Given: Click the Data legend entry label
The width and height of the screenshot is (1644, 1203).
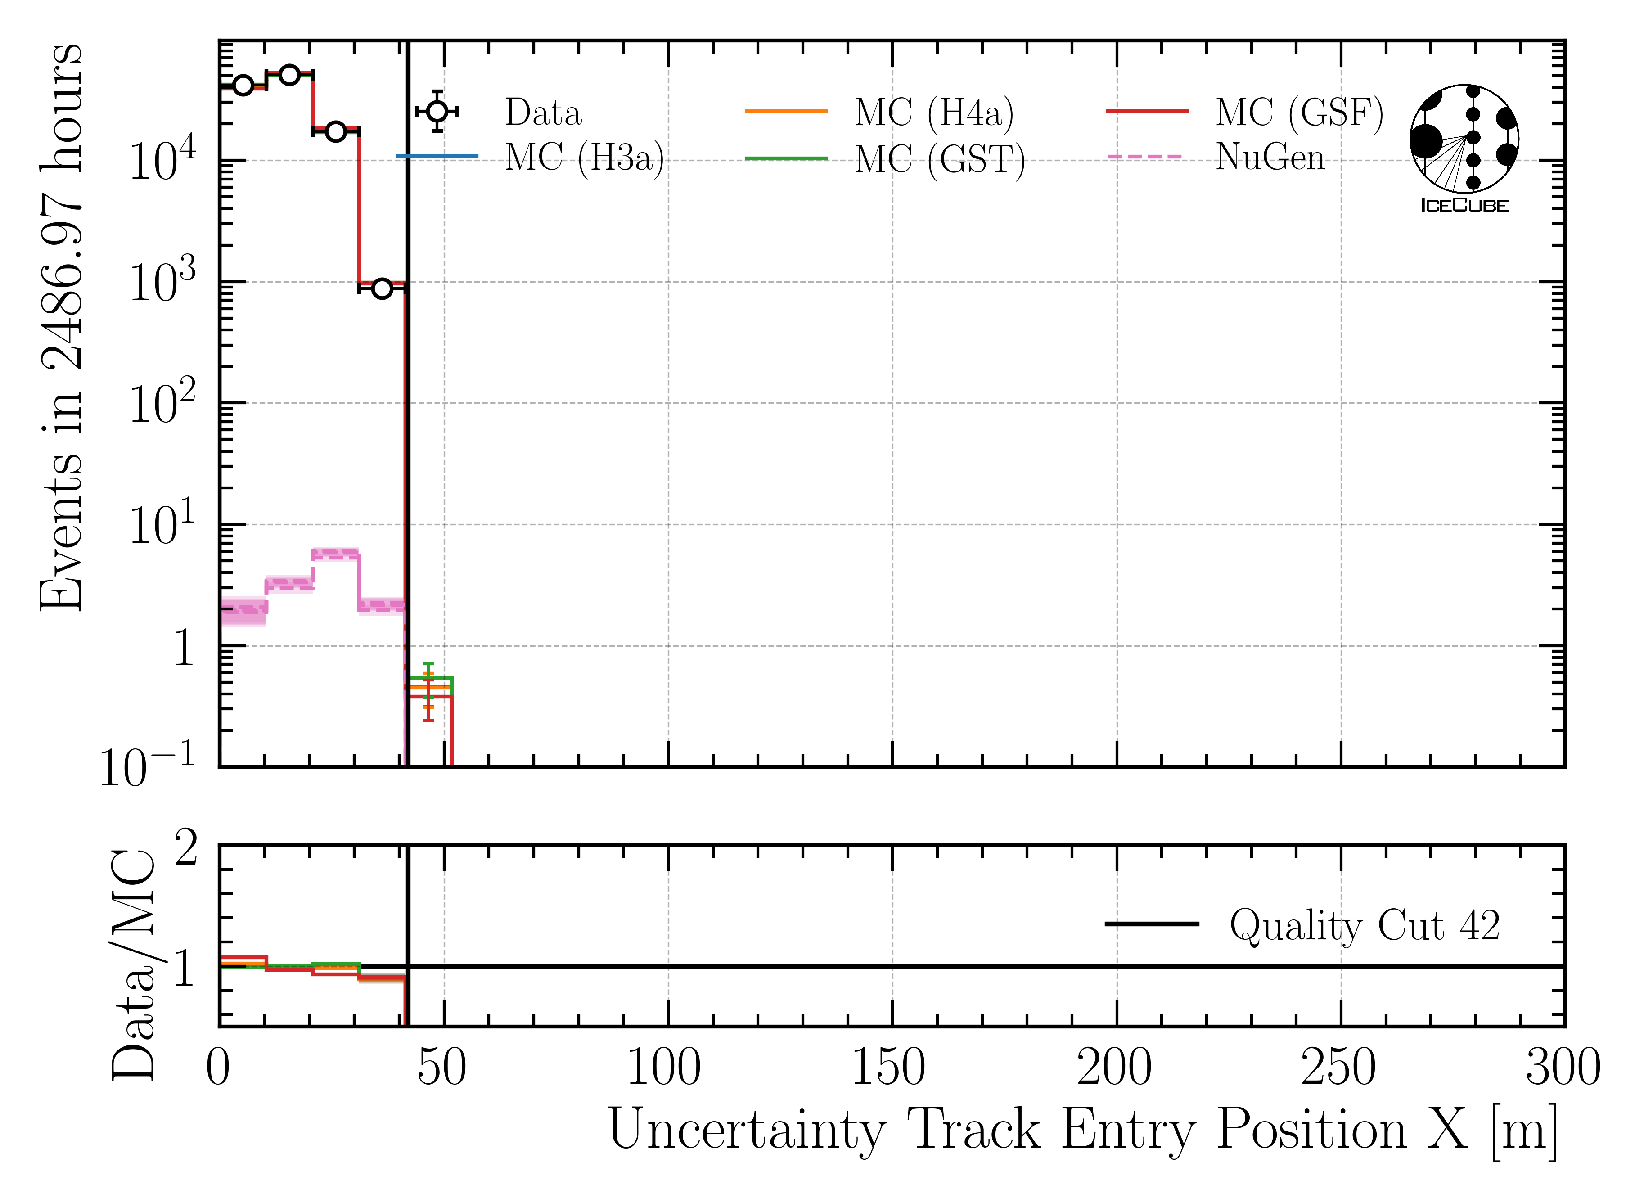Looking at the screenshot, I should pos(543,113).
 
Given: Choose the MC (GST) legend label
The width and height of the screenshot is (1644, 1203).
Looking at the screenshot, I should pos(939,159).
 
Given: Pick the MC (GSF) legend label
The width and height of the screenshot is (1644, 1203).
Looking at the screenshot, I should pos(1299,113).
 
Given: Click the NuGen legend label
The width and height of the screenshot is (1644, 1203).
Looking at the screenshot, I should pos(1270,157).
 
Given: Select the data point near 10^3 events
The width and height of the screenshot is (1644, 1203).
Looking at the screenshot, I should pos(382,288).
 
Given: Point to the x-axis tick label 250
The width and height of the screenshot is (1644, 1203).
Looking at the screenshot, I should pos(1338,1069).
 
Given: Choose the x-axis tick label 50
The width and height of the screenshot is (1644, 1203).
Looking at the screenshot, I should pos(441,1069).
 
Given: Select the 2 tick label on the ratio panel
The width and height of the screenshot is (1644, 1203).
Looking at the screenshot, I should pos(186,849).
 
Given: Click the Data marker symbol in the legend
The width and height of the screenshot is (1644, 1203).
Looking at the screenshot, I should pos(437,112).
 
